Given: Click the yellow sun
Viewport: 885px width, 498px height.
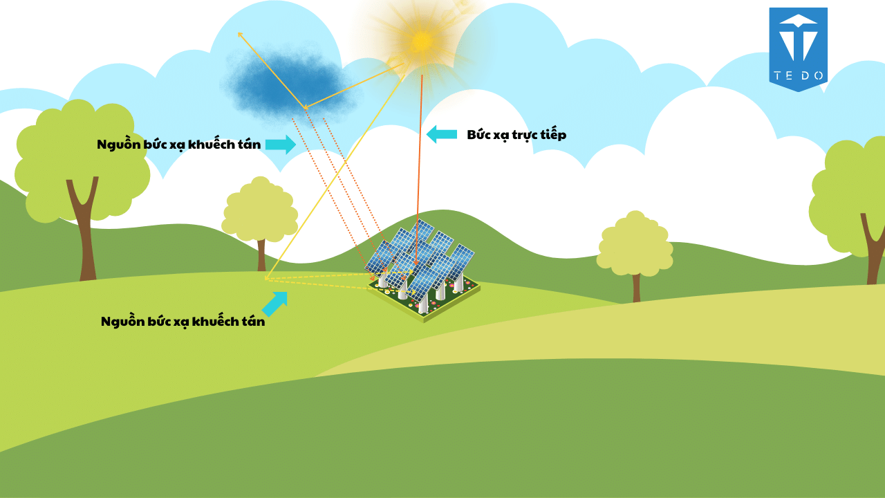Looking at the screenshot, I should (x=421, y=41).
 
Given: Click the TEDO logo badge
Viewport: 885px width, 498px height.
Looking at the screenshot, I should (x=798, y=48).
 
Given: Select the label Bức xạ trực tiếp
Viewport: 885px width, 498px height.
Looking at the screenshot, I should (x=516, y=135).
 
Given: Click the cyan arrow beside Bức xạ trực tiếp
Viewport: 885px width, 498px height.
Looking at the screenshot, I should (x=441, y=134).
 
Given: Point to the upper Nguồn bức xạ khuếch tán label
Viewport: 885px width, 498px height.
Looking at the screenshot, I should (x=179, y=145).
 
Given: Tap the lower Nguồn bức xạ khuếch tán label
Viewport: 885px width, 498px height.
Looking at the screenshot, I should (x=183, y=322).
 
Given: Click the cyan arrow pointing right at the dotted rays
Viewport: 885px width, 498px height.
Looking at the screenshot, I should (x=280, y=145).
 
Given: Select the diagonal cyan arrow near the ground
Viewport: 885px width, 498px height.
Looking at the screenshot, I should (x=275, y=303).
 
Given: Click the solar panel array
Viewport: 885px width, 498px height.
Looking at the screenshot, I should (x=422, y=266).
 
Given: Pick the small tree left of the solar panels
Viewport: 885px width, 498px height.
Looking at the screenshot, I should (x=260, y=214).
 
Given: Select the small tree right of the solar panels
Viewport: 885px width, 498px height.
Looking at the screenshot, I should (x=635, y=249).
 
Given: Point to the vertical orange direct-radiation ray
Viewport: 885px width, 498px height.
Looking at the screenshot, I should (x=420, y=152).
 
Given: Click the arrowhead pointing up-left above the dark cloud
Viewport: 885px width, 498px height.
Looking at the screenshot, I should (x=240, y=34).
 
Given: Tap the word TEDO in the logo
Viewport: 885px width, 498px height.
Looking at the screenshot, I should (x=798, y=76).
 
